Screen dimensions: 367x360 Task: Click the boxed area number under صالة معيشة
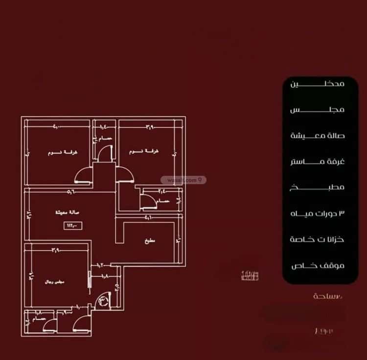(73, 226)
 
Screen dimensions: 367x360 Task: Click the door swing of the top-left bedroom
(84, 175)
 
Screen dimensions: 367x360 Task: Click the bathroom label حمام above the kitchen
(163, 201)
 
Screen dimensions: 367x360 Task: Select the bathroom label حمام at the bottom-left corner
(39, 319)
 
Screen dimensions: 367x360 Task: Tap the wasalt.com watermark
(187, 180)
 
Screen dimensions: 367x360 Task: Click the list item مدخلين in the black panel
(318, 84)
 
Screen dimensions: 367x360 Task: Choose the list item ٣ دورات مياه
(318, 214)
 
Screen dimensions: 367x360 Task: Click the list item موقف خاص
(318, 266)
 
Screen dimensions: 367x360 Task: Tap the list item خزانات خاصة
(318, 240)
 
